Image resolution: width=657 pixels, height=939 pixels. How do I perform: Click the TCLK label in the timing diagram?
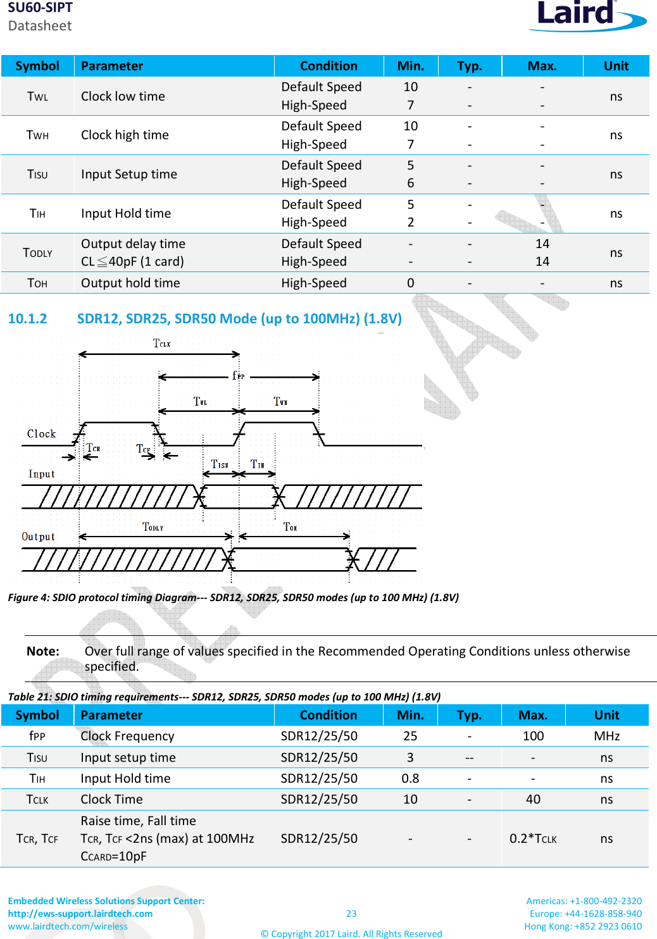[161, 344]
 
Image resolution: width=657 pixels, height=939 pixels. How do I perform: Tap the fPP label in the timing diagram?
[238, 376]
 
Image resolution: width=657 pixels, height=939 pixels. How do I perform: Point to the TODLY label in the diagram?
[153, 527]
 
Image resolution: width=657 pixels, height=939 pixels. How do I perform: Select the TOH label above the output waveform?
[290, 527]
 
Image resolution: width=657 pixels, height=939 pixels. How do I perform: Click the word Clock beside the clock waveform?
[41, 434]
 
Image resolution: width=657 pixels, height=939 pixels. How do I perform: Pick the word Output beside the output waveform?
[38, 537]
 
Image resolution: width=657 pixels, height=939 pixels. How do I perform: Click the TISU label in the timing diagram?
[219, 464]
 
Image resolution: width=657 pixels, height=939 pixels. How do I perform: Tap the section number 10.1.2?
[27, 318]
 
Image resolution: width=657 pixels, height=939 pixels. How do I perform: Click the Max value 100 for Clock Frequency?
[533, 736]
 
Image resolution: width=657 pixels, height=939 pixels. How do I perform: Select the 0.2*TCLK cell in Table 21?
[533, 839]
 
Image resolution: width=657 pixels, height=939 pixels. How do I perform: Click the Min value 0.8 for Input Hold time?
[410, 778]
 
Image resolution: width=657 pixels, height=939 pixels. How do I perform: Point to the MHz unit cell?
[606, 736]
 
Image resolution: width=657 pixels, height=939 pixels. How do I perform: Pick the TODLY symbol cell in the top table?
[37, 252]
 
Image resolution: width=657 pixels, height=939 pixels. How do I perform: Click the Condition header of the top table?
[328, 66]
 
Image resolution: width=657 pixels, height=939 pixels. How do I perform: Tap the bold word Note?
[43, 651]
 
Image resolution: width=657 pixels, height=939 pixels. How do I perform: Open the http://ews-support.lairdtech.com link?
[80, 914]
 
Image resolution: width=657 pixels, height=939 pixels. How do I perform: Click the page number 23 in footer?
[351, 914]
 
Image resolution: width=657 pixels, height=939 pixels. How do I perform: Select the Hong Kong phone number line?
[583, 926]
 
